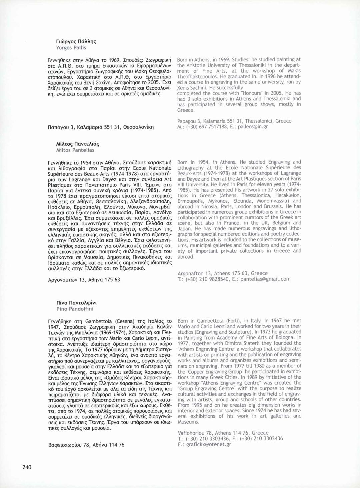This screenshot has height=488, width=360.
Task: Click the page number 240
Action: (x=27, y=467)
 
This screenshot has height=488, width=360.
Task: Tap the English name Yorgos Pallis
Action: (x=71, y=48)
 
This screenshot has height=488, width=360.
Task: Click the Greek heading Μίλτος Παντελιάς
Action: (x=78, y=144)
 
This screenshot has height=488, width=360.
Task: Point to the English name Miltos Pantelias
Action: (x=75, y=150)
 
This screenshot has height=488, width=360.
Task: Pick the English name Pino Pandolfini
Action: (x=75, y=309)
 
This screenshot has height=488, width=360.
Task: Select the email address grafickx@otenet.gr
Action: (x=209, y=444)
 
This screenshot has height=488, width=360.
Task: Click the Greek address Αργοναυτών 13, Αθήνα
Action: (x=84, y=280)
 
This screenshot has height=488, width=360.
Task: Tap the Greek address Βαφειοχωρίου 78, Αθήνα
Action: (x=86, y=445)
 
